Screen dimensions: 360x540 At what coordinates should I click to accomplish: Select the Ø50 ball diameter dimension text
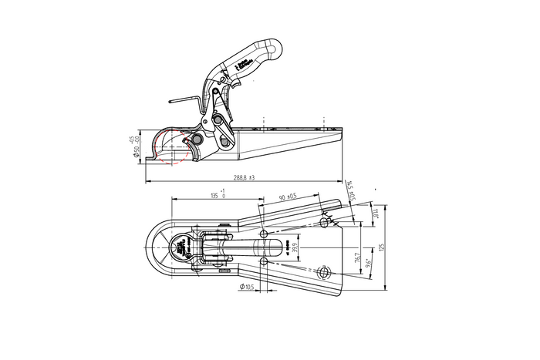(x=135, y=147)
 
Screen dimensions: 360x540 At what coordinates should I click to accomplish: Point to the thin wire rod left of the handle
(x=186, y=102)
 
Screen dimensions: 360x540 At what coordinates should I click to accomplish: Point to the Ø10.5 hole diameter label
(x=248, y=287)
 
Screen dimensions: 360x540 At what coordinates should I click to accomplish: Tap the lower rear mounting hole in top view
(x=324, y=271)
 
